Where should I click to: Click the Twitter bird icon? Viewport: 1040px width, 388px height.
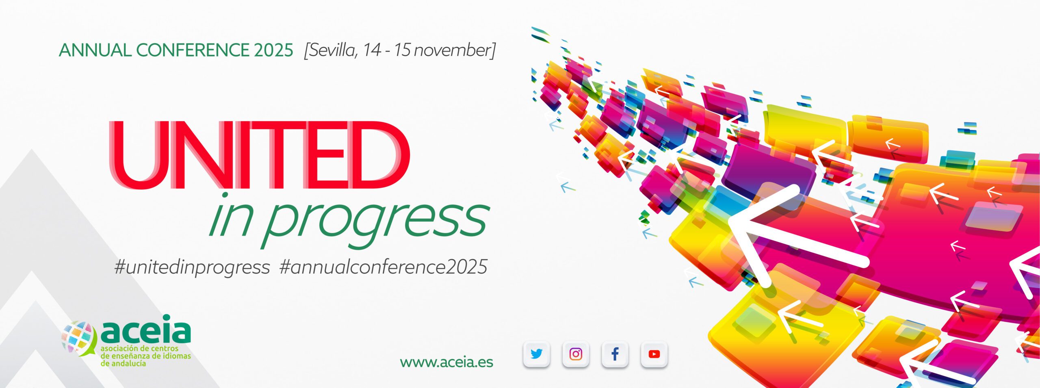pyautogui.click(x=536, y=354)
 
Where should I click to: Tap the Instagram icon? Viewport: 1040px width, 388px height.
pyautogui.click(x=576, y=354)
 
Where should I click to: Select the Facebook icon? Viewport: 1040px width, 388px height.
pyautogui.click(x=615, y=354)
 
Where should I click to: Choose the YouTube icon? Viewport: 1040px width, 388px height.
pyautogui.click(x=654, y=354)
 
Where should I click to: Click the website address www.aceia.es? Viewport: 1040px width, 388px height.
pyautogui.click(x=446, y=362)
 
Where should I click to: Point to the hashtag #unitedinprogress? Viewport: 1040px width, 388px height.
pyautogui.click(x=192, y=267)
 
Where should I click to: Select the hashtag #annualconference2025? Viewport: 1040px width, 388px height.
pyautogui.click(x=383, y=267)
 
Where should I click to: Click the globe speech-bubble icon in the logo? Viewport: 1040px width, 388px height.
pyautogui.click(x=78, y=338)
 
